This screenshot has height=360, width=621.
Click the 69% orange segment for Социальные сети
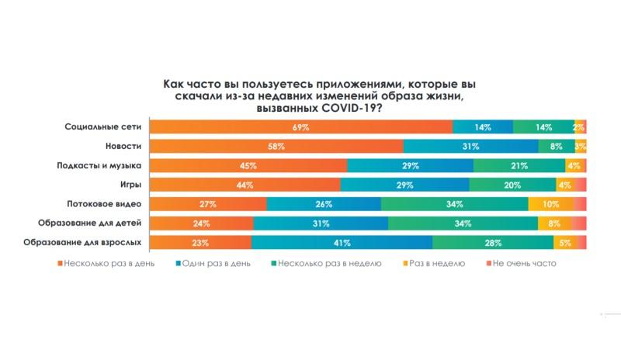coord(301,126)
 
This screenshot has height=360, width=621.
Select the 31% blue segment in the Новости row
coord(470,146)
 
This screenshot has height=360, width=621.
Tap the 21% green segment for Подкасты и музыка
coord(519,165)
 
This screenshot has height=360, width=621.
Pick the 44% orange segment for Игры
coord(245,185)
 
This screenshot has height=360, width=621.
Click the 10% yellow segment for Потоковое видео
coord(550,204)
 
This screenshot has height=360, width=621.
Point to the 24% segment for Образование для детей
coord(201,223)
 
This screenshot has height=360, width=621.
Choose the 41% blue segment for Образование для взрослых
coord(342,243)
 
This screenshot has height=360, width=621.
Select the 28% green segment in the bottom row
coord(493,243)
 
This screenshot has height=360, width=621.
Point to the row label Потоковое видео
coord(106,204)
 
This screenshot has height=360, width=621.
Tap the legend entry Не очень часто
coord(528,264)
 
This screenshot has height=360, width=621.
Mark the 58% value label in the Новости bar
coord(276,146)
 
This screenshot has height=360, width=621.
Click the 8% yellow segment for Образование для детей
coord(554,223)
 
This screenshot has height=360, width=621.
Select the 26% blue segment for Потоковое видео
coord(324,204)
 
